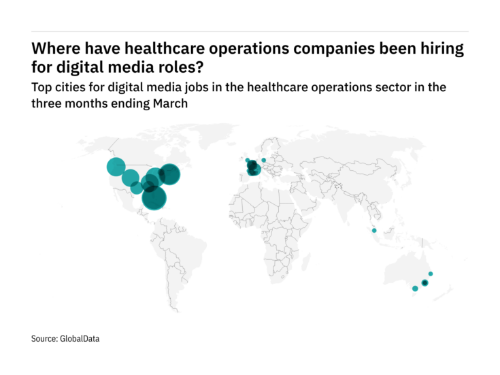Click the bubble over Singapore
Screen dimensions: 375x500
click(x=374, y=231)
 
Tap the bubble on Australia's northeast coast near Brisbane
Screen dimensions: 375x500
click(x=431, y=274)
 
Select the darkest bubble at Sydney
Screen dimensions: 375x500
click(x=424, y=282)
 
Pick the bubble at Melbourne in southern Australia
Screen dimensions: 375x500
click(x=415, y=289)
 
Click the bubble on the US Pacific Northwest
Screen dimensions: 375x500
click(x=116, y=166)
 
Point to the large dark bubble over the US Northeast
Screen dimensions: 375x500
click(x=169, y=175)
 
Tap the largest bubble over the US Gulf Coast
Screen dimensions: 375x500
click(x=154, y=197)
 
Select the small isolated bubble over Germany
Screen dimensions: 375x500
click(x=263, y=160)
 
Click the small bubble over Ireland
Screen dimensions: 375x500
click(x=248, y=161)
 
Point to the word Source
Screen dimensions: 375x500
click(x=44, y=338)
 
